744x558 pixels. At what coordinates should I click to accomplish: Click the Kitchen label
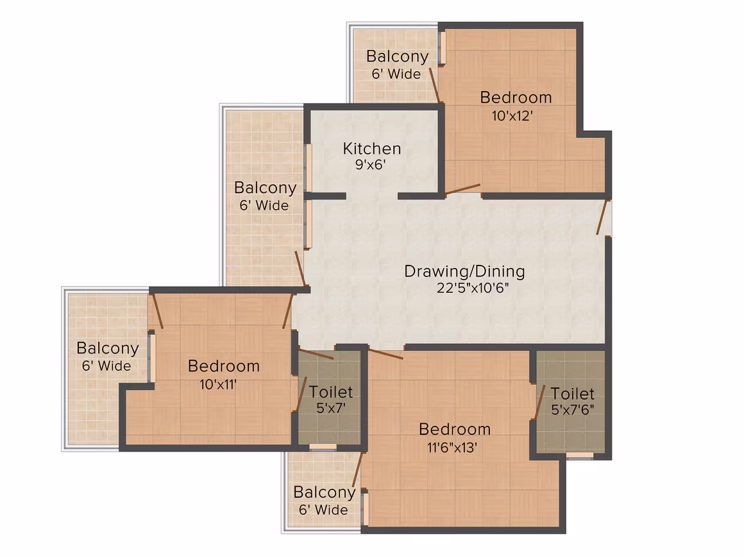coord(371,149)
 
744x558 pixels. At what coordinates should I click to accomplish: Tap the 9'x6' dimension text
coord(371,165)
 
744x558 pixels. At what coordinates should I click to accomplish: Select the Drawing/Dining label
coord(464,271)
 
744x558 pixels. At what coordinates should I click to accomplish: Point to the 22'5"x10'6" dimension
coord(473,288)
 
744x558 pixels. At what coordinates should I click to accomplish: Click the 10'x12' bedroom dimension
coord(512,116)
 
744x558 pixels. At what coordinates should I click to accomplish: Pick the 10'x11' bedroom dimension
coord(218,384)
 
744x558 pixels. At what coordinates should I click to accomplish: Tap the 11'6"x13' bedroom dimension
coord(452,448)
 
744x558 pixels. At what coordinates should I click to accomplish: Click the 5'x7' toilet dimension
coord(331,408)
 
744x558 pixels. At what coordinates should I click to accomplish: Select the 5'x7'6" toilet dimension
coord(572,409)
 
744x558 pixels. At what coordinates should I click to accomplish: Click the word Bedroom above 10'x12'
coord(516,97)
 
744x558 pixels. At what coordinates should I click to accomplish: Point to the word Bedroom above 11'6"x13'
coord(455,429)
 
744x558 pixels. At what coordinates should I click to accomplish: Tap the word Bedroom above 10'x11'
coord(223,366)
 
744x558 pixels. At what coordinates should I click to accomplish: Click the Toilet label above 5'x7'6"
coord(572,393)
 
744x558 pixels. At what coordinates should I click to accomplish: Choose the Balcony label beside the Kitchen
coord(266,188)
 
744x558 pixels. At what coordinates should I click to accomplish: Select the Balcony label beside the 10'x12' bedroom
coord(398,56)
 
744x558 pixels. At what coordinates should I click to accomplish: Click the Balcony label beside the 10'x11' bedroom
coord(108,348)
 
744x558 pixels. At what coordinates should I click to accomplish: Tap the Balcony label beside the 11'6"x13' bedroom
coord(325,493)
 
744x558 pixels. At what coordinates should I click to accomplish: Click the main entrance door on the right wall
coord(603,217)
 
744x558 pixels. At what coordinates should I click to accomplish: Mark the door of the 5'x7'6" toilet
coord(540,402)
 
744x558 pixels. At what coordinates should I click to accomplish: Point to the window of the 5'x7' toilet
coord(323,446)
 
